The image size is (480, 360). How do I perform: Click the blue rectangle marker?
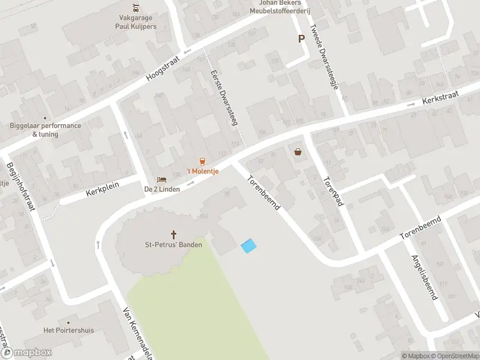pyautogui.click(x=248, y=245)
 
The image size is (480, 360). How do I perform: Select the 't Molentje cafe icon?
pyautogui.click(x=202, y=161)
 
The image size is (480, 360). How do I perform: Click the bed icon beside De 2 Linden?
pyautogui.click(x=161, y=179)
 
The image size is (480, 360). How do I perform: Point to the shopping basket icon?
pyautogui.click(x=298, y=152)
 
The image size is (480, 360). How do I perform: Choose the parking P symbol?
pyautogui.click(x=301, y=38)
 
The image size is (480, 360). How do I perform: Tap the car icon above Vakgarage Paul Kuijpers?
pyautogui.click(x=136, y=8)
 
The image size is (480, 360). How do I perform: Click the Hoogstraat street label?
pyautogui.click(x=163, y=70)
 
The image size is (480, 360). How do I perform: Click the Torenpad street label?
pyautogui.click(x=329, y=191)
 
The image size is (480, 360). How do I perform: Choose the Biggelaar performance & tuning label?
pyautogui.click(x=45, y=130)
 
